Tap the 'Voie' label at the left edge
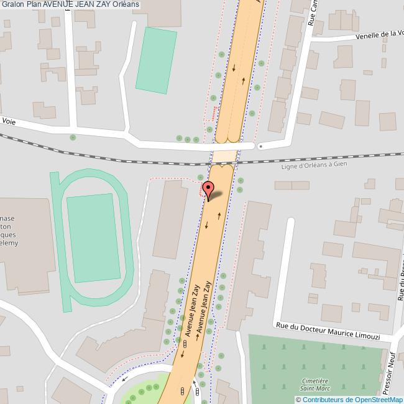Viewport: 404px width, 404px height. pos(9,122)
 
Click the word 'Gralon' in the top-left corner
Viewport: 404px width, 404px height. pos(12,5)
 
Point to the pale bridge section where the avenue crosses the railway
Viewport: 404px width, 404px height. pos(224,155)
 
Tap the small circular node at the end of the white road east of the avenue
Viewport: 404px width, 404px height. pos(260,147)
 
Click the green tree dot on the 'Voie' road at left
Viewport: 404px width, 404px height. pos(73,137)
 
